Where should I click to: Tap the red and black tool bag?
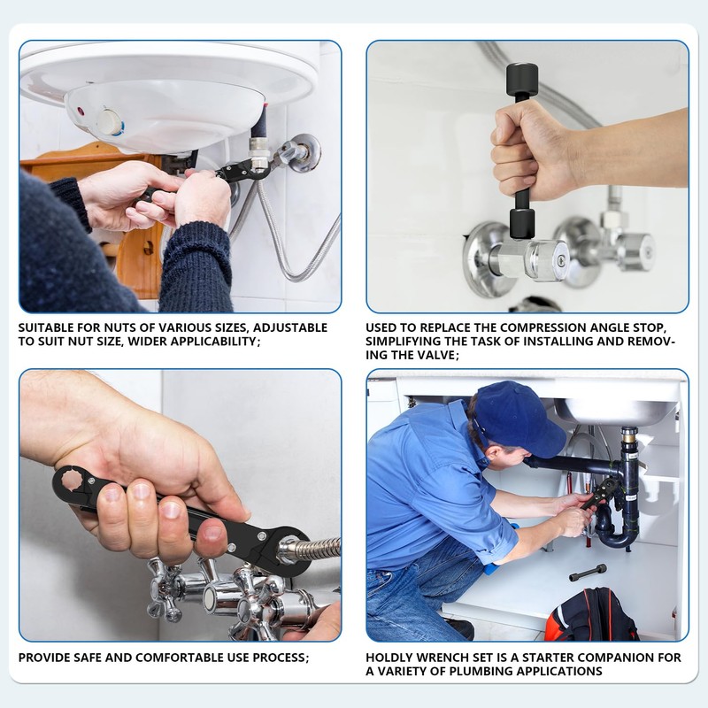click(x=590, y=615)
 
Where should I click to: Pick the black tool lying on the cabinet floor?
click(x=588, y=573)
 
